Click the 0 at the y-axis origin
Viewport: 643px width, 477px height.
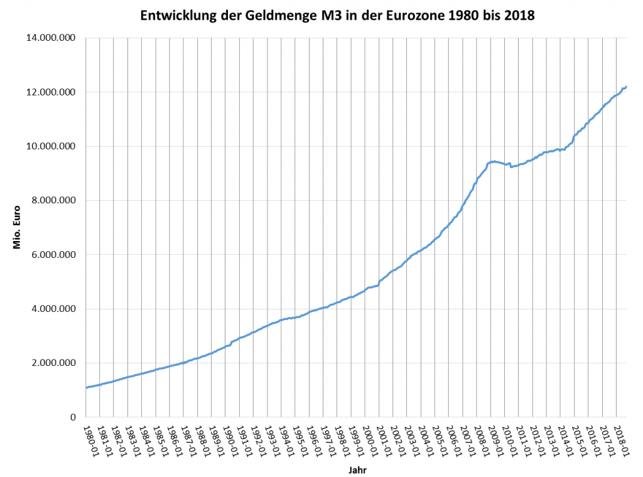pos(73,417)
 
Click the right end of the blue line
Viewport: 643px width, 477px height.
pos(626,87)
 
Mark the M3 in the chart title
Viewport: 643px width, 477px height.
pos(333,16)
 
